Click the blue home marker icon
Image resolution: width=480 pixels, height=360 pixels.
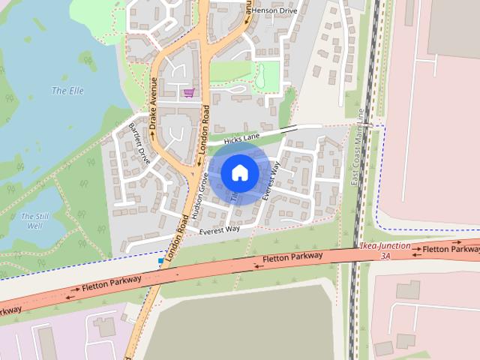click(x=239, y=172)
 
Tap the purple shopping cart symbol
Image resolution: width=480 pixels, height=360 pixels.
click(x=188, y=93)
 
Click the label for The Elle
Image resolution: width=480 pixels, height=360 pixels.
click(x=67, y=91)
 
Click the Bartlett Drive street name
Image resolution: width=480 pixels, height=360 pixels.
click(x=139, y=142)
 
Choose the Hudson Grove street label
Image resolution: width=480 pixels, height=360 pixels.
click(x=199, y=195)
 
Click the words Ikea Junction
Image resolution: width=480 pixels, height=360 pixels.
click(x=385, y=246)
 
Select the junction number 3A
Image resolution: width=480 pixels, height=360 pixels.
click(x=385, y=256)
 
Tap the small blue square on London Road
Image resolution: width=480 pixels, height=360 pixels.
click(x=160, y=260)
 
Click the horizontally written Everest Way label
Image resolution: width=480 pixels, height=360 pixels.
click(x=219, y=229)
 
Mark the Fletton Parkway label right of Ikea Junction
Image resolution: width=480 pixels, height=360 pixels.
click(x=450, y=248)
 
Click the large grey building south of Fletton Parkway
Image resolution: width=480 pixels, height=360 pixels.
click(x=240, y=322)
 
